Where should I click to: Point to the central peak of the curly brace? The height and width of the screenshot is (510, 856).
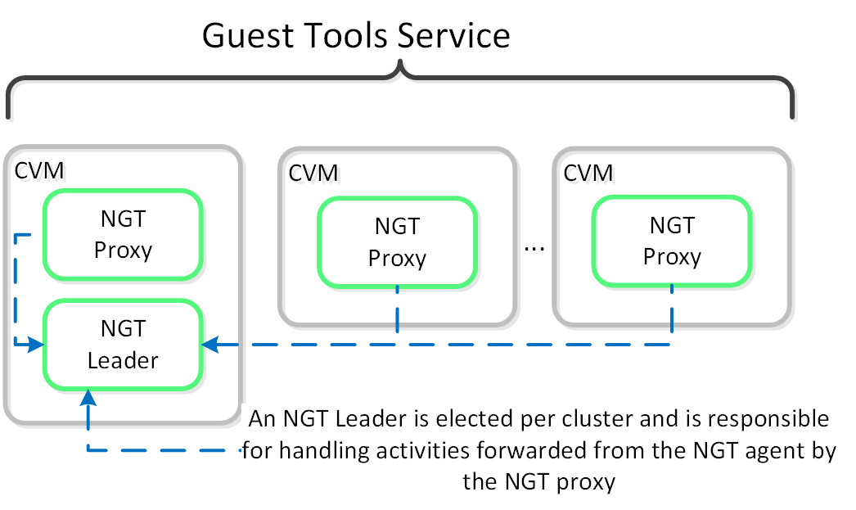tap(399, 65)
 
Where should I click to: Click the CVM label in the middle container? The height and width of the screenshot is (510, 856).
tap(313, 173)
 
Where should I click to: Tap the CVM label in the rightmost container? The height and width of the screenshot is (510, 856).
tap(588, 173)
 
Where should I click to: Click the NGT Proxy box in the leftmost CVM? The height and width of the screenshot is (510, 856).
tap(123, 235)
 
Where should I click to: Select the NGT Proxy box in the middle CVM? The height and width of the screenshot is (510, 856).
tap(397, 242)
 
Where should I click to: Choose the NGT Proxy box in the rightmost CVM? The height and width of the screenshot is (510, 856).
tap(672, 241)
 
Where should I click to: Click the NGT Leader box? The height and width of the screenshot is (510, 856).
tap(123, 344)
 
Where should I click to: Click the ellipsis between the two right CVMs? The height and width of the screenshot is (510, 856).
tap(534, 245)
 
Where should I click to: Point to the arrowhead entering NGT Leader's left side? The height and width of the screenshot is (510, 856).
tap(36, 345)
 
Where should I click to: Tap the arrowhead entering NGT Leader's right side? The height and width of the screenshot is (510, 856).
tap(209, 345)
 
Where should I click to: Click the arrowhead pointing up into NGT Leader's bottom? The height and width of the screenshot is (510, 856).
tap(88, 397)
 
